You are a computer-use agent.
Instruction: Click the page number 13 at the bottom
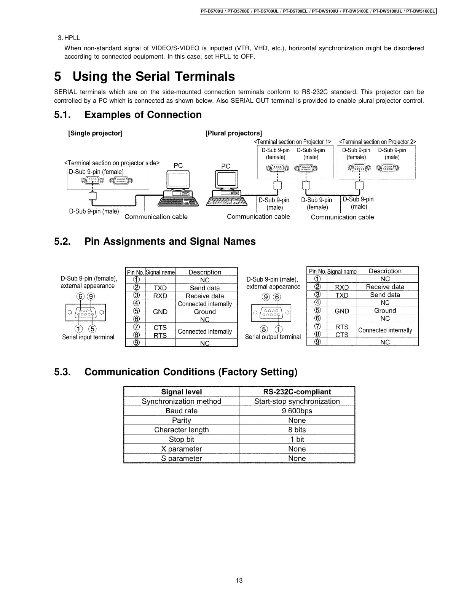click(239, 580)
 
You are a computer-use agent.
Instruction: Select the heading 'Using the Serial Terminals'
click(154, 76)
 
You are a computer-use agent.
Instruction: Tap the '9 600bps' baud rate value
click(297, 411)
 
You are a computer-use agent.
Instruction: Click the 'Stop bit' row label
click(182, 440)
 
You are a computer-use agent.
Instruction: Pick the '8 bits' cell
click(297, 430)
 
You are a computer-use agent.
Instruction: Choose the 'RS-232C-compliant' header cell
click(297, 392)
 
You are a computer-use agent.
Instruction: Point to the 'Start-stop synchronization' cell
click(297, 401)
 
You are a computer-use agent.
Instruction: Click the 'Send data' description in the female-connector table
click(205, 288)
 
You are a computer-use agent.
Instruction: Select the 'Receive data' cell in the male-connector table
click(385, 287)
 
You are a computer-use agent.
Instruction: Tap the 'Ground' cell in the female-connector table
click(205, 312)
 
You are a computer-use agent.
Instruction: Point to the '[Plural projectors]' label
click(234, 133)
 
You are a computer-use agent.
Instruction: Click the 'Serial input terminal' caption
click(88, 337)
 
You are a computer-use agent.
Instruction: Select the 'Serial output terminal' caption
click(273, 337)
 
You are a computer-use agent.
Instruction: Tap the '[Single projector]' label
click(95, 133)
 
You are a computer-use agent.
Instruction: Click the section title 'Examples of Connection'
click(143, 115)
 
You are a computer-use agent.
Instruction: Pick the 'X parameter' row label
click(182, 449)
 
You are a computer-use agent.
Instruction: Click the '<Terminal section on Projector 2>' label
click(377, 142)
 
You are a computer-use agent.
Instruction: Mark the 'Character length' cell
click(182, 430)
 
